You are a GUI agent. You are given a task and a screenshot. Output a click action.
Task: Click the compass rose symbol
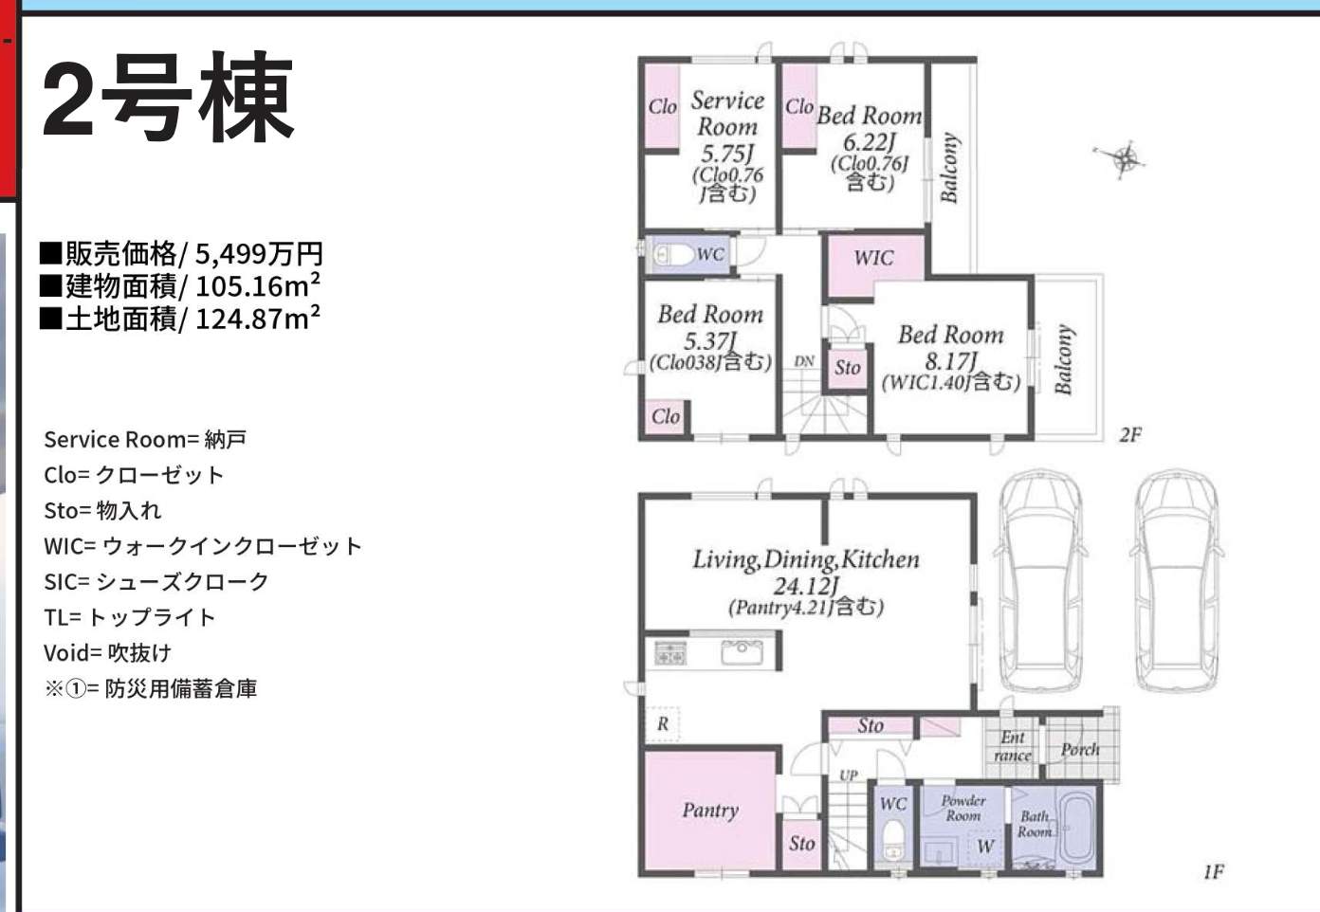pyautogui.click(x=1124, y=159)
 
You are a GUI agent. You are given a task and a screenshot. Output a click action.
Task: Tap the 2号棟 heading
pyautogui.click(x=168, y=98)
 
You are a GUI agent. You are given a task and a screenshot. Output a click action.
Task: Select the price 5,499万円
pyautogui.click(x=259, y=254)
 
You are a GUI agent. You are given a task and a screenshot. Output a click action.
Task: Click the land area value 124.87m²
pyautogui.click(x=258, y=319)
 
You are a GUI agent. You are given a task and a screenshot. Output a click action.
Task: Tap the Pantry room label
pyautogui.click(x=710, y=811)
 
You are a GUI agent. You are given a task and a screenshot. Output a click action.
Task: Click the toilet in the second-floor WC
pyautogui.click(x=673, y=255)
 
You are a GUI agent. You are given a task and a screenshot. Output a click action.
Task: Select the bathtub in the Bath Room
pyautogui.click(x=1077, y=829)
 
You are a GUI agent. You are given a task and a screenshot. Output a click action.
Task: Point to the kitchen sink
pyautogui.click(x=742, y=652)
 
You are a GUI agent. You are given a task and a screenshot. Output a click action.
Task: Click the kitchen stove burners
pyautogui.click(x=670, y=653)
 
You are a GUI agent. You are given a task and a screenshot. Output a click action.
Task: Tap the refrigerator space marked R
pyautogui.click(x=662, y=723)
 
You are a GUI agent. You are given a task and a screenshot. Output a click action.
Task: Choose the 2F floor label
pyautogui.click(x=1130, y=435)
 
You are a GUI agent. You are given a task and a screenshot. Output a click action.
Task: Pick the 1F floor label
pyautogui.click(x=1214, y=871)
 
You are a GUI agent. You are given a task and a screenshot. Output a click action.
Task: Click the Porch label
pyautogui.click(x=1080, y=749)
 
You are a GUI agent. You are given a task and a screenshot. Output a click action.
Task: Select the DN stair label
pyautogui.click(x=804, y=361)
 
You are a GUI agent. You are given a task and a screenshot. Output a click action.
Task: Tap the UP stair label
pyautogui.click(x=849, y=775)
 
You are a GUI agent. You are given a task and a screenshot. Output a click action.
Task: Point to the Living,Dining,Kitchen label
pyautogui.click(x=805, y=559)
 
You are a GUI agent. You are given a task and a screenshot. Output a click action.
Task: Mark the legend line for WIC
pyautogui.click(x=203, y=546)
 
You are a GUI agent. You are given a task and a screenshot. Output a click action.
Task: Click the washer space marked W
pyautogui.click(x=985, y=847)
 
